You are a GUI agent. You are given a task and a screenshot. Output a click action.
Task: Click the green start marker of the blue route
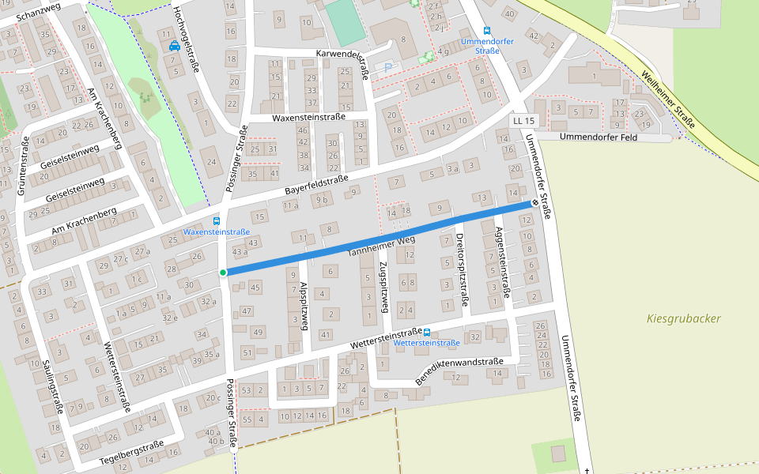click(x=223, y=273)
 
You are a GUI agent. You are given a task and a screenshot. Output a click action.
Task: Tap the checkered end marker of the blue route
click(x=535, y=203)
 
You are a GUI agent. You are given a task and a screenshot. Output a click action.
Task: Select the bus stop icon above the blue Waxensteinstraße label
click(x=217, y=221)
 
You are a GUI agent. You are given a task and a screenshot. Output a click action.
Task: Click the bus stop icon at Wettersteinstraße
click(x=427, y=333)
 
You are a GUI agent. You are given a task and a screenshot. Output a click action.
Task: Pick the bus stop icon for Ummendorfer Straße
click(x=486, y=31)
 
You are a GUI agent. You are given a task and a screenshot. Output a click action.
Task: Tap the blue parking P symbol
click(x=388, y=68)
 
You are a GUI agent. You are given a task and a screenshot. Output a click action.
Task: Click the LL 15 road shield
click(x=523, y=121)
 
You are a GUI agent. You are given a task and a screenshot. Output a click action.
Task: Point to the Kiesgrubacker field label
click(x=683, y=318)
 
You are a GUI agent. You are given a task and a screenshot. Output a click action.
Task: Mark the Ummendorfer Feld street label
click(x=598, y=137)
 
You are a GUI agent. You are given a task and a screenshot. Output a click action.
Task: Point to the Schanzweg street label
click(x=38, y=10)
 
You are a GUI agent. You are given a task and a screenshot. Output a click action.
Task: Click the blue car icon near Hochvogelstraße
click(x=174, y=46)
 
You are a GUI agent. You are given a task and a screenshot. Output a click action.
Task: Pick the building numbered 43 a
click(x=240, y=251)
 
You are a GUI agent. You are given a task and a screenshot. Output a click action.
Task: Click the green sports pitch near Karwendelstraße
click(x=345, y=23)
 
